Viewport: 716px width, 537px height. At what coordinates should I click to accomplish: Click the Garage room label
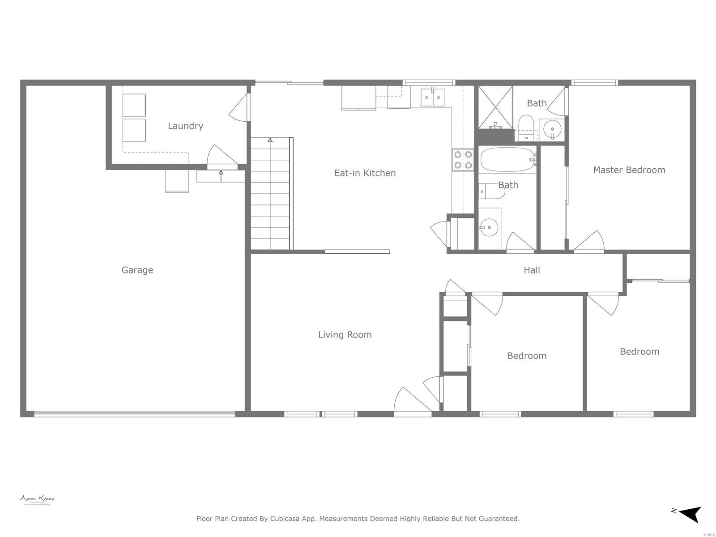pyautogui.click(x=137, y=270)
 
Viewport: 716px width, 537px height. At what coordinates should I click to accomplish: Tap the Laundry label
pyautogui.click(x=185, y=126)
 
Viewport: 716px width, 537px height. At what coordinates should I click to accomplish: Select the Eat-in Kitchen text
pyautogui.click(x=365, y=173)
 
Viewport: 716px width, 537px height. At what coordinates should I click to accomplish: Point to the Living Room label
pyautogui.click(x=345, y=334)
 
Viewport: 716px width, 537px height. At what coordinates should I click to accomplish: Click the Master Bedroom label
pyautogui.click(x=629, y=170)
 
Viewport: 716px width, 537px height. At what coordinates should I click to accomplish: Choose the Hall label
pyautogui.click(x=532, y=270)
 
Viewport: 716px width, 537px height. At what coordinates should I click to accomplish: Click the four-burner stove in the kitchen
pyautogui.click(x=463, y=160)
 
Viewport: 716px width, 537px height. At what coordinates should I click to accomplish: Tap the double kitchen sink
pyautogui.click(x=433, y=98)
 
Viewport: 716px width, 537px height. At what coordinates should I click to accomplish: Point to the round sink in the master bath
pyautogui.click(x=552, y=129)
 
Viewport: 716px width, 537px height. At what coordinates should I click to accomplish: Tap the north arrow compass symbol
pyautogui.click(x=690, y=514)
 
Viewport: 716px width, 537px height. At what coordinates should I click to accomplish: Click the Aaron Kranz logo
pyautogui.click(x=37, y=500)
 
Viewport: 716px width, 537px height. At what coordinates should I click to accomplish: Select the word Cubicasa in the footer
pyautogui.click(x=285, y=519)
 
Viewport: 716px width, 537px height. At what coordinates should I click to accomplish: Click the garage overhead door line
pyautogui.click(x=134, y=414)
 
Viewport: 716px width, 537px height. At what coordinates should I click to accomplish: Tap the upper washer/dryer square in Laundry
pyautogui.click(x=134, y=106)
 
